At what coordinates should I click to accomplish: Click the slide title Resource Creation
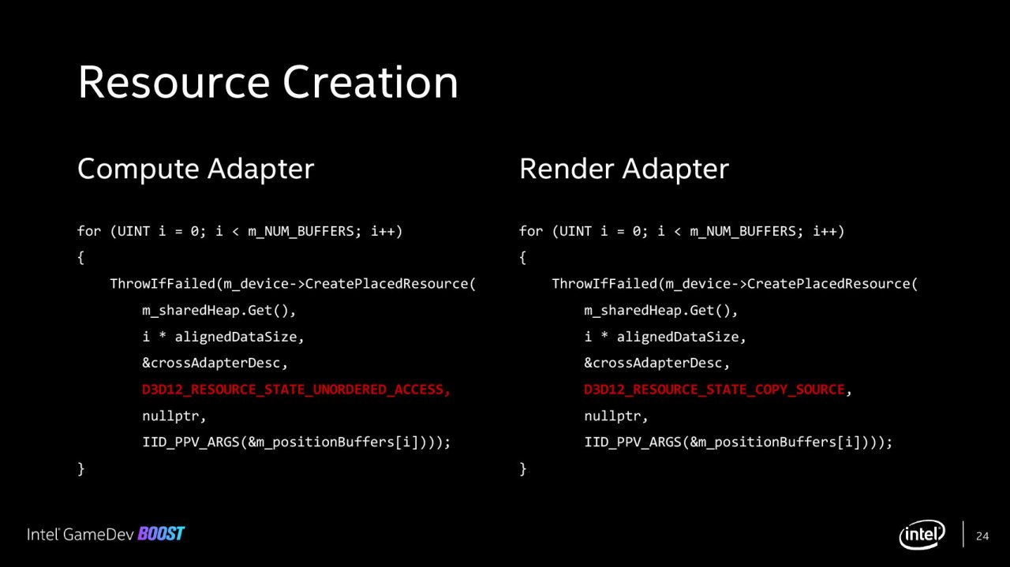(267, 82)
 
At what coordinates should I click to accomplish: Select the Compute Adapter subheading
(196, 170)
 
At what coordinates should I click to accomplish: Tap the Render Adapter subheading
(624, 170)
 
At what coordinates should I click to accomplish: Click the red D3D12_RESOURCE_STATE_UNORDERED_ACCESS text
(296, 390)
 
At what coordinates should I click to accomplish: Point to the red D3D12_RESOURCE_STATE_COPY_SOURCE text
(714, 390)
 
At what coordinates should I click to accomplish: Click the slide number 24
(982, 536)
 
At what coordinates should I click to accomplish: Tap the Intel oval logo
(922, 535)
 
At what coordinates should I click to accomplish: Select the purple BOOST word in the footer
(161, 534)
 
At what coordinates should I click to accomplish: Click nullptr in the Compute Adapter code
(174, 416)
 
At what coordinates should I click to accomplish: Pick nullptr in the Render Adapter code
(615, 416)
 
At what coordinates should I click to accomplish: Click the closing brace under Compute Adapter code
(80, 468)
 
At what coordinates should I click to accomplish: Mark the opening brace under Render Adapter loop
(522, 258)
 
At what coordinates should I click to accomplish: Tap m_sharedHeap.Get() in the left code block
(215, 311)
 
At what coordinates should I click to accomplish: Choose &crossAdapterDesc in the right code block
(653, 364)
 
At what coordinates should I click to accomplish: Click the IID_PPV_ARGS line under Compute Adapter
(296, 442)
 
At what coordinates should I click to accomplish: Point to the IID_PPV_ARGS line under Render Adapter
(738, 442)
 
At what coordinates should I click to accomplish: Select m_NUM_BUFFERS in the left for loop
(301, 232)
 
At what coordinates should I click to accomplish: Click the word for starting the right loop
(531, 231)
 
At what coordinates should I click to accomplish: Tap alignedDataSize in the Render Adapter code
(677, 338)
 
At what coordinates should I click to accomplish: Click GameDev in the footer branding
(99, 535)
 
